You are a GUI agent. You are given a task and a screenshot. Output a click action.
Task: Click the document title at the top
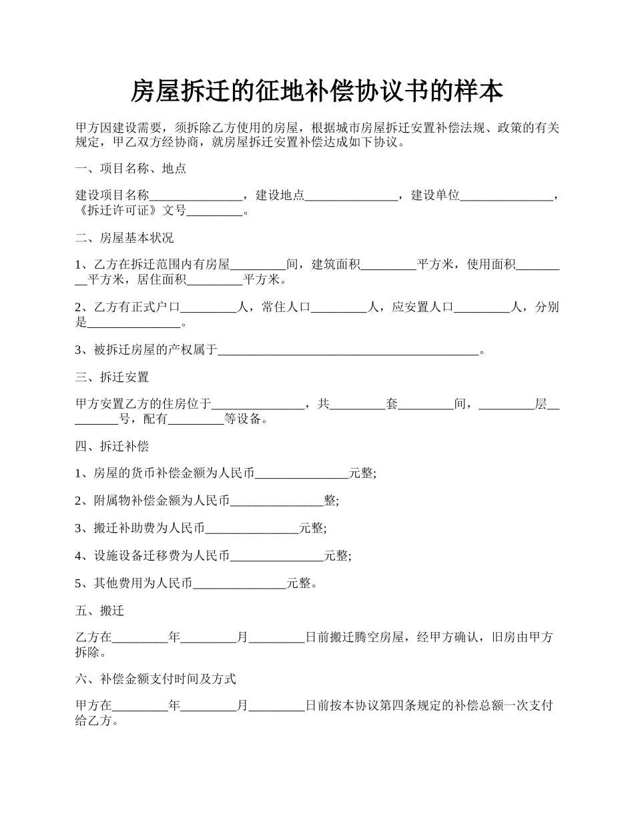tap(316, 91)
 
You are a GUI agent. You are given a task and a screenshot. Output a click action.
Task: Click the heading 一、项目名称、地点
tap(131, 169)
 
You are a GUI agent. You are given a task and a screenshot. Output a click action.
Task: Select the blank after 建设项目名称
tap(196, 197)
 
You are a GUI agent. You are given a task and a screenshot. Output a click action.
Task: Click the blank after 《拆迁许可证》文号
tap(215, 213)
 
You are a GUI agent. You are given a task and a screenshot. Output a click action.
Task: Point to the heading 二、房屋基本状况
tap(125, 238)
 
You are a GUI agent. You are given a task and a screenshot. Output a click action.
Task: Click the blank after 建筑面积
tap(388, 266)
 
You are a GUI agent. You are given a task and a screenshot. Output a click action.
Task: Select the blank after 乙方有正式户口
tap(209, 308)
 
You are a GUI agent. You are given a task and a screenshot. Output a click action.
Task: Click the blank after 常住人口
tap(340, 308)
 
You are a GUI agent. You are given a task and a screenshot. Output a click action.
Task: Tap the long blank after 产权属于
tap(348, 350)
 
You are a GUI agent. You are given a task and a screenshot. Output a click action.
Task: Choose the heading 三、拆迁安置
tap(112, 377)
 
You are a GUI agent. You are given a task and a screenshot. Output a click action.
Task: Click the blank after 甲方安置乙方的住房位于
tap(258, 405)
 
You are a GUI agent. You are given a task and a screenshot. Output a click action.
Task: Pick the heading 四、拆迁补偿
tap(112, 446)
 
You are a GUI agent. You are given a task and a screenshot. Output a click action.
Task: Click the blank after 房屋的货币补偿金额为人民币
tap(302, 474)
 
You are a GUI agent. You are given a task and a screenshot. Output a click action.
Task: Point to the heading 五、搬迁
tap(100, 611)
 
